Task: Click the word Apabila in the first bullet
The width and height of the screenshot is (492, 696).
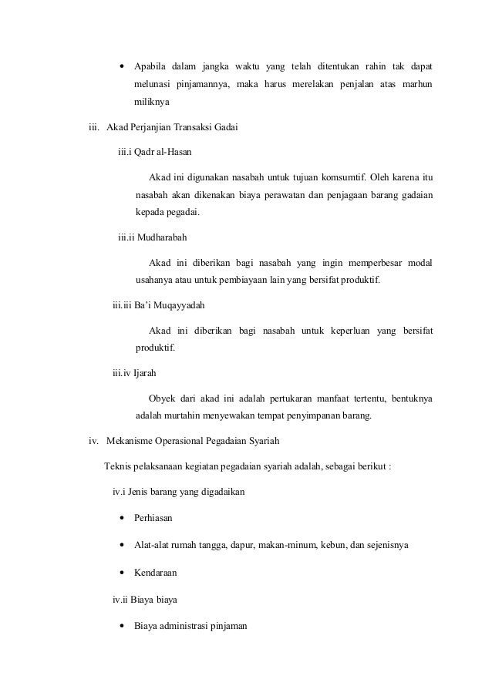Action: click(x=150, y=62)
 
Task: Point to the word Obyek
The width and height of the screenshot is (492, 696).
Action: click(x=161, y=398)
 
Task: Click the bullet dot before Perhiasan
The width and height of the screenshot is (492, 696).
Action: click(x=123, y=518)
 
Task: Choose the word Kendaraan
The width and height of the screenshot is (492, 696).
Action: click(x=157, y=573)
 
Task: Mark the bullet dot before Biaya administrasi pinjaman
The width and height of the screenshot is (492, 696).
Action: click(x=123, y=625)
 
